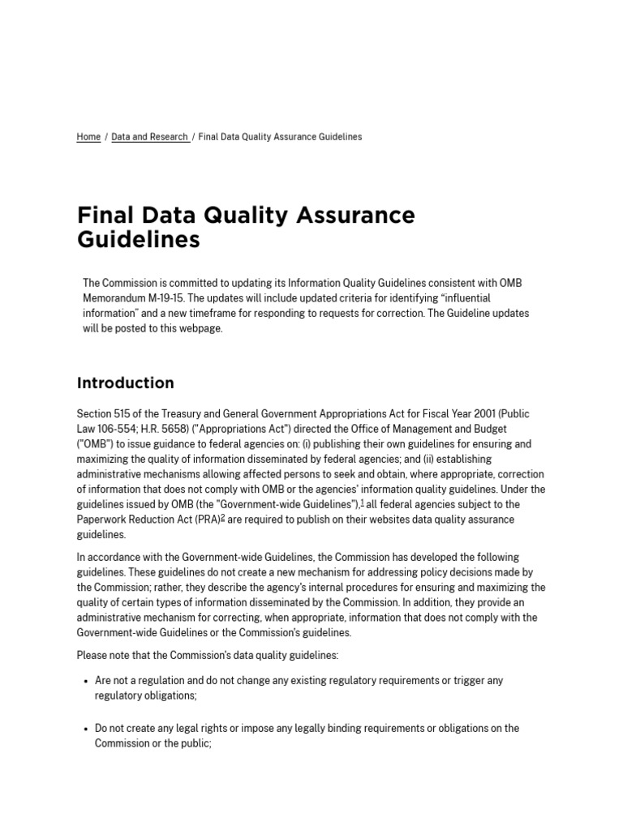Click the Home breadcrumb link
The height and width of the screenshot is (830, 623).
[88, 137]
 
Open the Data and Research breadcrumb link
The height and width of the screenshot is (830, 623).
[149, 137]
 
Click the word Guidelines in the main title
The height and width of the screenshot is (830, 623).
[138, 241]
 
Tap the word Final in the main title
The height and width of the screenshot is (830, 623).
[104, 216]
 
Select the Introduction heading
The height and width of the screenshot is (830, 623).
[125, 383]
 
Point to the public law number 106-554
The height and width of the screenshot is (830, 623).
[119, 429]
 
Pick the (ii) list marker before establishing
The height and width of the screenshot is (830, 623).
[436, 459]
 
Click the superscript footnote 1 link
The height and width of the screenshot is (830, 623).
[362, 503]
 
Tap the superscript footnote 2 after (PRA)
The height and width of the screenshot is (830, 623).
[222, 518]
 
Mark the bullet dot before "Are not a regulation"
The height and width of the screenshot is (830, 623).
[86, 682]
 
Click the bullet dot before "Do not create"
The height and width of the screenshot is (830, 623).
[86, 729]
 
